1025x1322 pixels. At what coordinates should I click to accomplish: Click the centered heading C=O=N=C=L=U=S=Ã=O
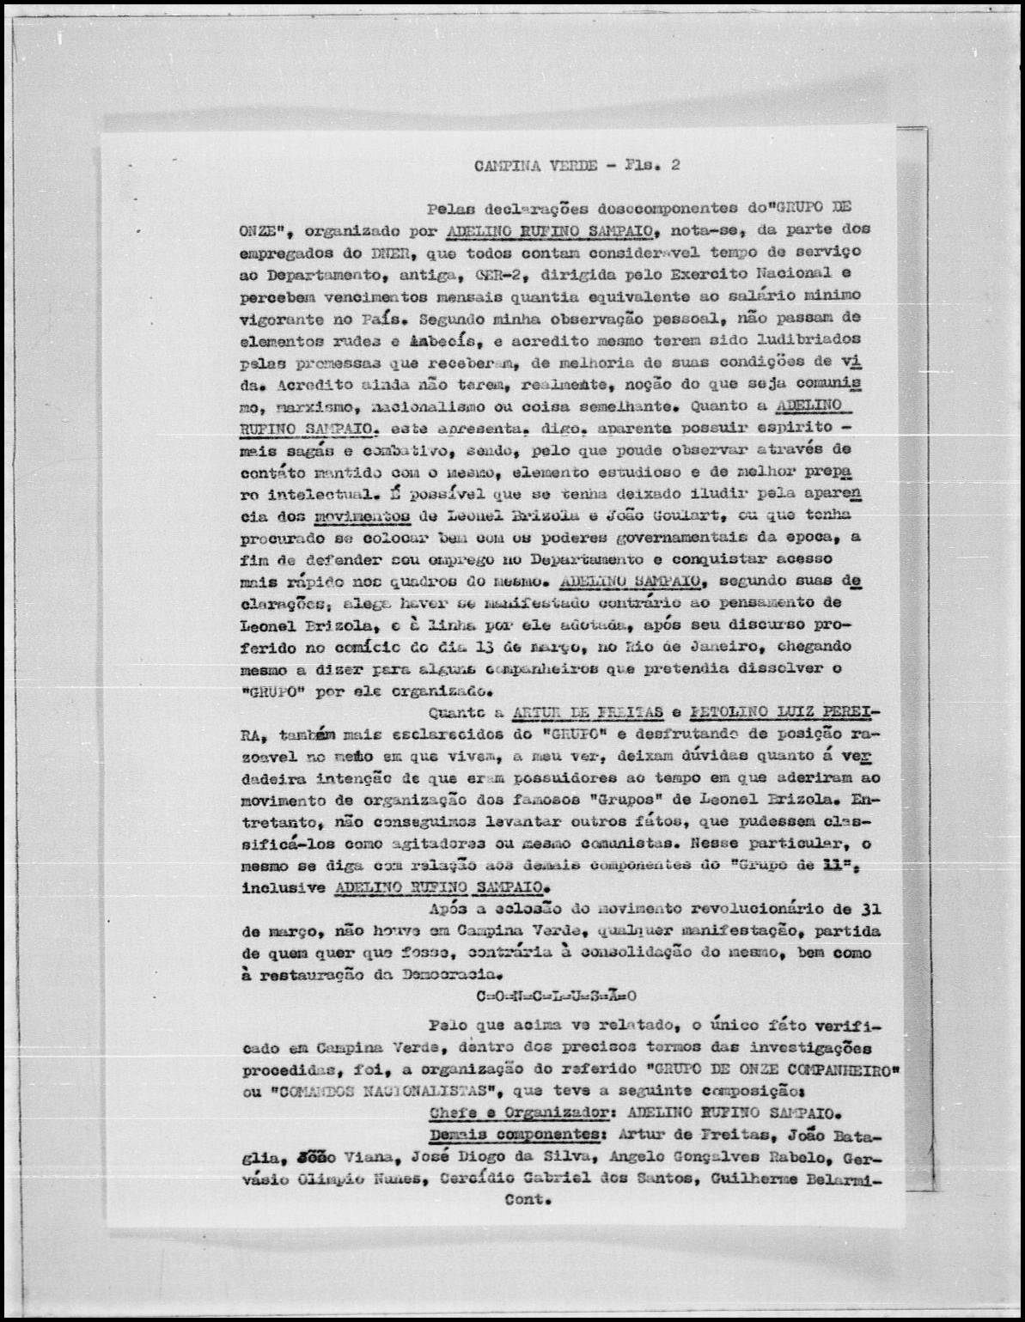pos(556,996)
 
